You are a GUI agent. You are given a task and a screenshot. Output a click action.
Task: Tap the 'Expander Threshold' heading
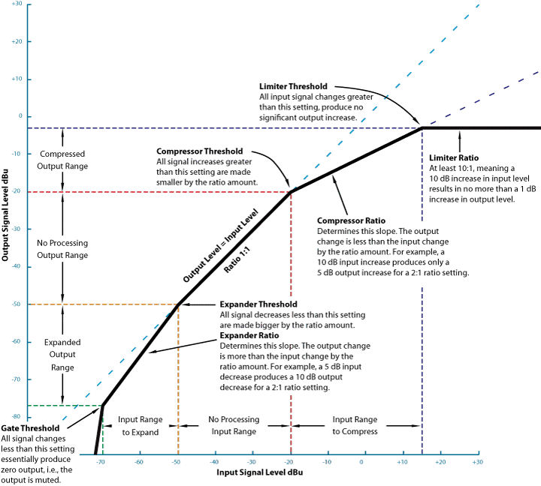pyautogui.click(x=256, y=304)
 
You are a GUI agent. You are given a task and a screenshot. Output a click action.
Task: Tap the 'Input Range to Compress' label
pyautogui.click(x=355, y=426)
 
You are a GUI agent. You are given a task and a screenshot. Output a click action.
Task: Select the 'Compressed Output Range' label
pyautogui.click(x=62, y=160)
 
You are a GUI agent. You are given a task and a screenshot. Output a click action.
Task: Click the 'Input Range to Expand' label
pyautogui.click(x=139, y=426)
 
